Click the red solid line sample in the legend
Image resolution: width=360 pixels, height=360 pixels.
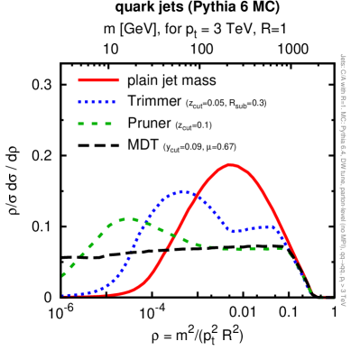(98, 80)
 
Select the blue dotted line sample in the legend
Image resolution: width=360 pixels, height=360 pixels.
(97, 102)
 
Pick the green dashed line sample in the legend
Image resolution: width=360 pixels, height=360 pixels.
(95, 124)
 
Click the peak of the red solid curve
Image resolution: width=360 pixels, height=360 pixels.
(231, 164)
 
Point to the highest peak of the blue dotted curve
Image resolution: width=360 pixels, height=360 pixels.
(184, 191)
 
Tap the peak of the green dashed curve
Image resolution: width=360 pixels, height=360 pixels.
(125, 218)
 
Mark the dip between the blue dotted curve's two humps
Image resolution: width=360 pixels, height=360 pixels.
(235, 231)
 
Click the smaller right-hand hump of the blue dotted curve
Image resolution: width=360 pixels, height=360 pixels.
(268, 226)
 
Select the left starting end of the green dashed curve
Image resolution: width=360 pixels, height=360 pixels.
(62, 275)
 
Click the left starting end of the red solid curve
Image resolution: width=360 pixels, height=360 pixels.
(62, 296)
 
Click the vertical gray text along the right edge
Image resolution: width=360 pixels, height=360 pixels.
(343, 180)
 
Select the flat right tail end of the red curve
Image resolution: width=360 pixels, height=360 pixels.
(330, 296)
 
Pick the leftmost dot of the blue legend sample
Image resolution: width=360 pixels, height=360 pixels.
(79, 102)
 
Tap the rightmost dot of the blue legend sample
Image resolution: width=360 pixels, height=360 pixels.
(114, 102)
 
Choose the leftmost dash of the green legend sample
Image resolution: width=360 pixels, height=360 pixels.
(82, 124)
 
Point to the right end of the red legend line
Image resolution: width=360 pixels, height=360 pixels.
(118, 80)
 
